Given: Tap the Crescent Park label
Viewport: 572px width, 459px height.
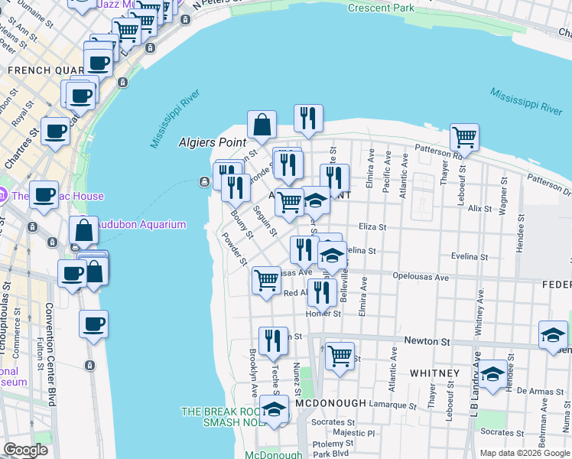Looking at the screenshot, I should pyautogui.click(x=380, y=8).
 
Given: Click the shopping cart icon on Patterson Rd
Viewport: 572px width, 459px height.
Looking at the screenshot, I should pyautogui.click(x=464, y=138).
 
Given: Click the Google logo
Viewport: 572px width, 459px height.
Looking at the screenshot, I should pyautogui.click(x=26, y=450).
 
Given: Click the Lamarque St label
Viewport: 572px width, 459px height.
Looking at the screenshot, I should pyautogui.click(x=390, y=403).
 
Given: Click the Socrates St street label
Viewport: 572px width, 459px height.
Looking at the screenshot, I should pyautogui.click(x=333, y=422).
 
